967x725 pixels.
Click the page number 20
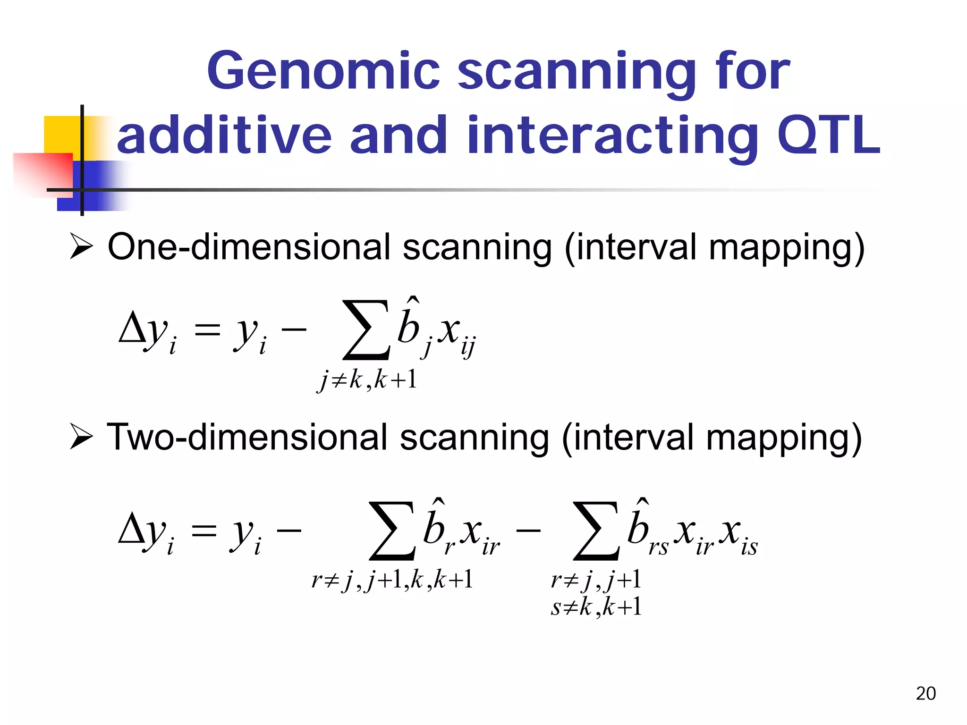(x=925, y=693)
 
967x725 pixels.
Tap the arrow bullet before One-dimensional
(x=81, y=246)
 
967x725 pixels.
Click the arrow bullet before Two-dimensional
(x=81, y=436)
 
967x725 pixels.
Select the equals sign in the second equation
(x=204, y=531)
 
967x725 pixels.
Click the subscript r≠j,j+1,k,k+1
(x=392, y=579)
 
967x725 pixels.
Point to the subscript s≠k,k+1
(x=596, y=607)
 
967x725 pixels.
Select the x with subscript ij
(x=456, y=333)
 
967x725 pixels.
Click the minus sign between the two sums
(x=528, y=531)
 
